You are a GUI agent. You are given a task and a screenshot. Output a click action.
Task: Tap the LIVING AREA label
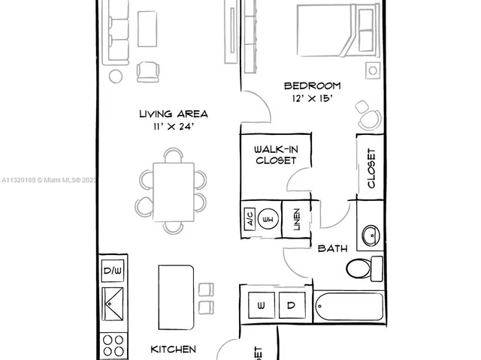tap(174, 114)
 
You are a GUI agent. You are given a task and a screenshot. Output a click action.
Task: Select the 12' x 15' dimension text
tap(307, 98)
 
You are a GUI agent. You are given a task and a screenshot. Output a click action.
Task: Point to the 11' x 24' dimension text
tap(174, 127)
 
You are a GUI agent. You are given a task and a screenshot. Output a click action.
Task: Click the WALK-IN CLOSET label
tap(276, 154)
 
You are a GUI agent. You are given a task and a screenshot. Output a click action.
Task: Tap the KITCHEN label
tap(174, 349)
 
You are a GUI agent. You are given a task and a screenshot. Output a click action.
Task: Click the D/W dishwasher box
tap(113, 271)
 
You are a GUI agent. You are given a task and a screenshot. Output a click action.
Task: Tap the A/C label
tap(248, 220)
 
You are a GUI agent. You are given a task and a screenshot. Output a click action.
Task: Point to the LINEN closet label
tap(297, 220)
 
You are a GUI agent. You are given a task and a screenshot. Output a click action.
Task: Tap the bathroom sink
tap(370, 235)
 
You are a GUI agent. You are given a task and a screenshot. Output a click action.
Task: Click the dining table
tap(173, 190)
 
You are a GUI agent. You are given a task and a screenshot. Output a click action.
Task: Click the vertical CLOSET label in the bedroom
tap(371, 169)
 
